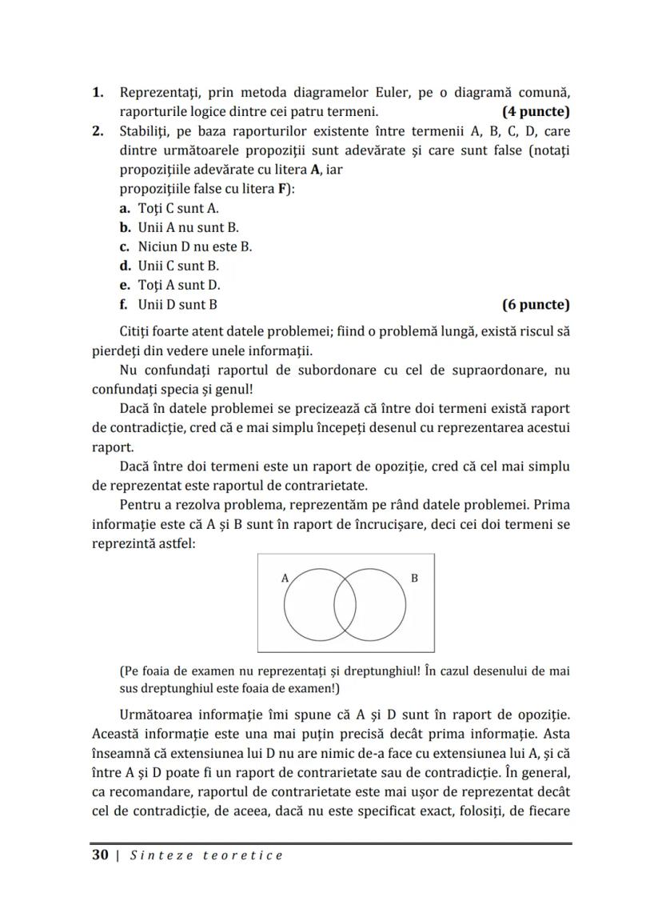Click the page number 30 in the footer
tap(100, 855)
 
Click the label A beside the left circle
tap(285, 576)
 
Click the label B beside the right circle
tap(413, 577)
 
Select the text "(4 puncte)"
tap(536, 111)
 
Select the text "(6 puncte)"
tap(536, 304)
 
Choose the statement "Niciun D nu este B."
tap(194, 246)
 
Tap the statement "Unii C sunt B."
tap(178, 266)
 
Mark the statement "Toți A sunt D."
tap(179, 285)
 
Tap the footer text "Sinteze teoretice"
tap(207, 855)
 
